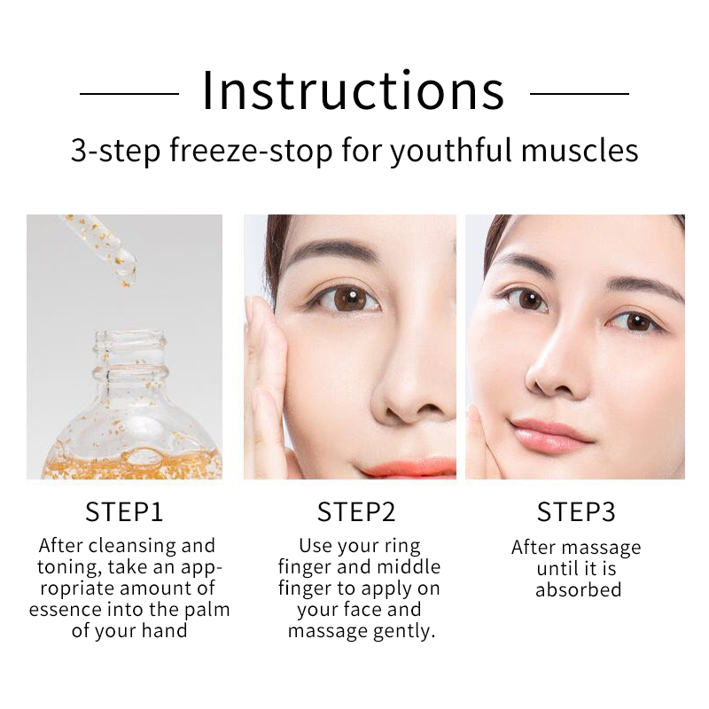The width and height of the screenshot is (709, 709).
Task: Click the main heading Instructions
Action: (x=353, y=90)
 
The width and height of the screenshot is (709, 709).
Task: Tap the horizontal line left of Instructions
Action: (x=129, y=93)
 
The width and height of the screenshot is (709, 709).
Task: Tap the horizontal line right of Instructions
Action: (x=580, y=93)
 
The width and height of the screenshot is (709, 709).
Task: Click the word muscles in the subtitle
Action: (x=580, y=151)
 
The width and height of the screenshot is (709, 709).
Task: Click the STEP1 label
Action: (x=124, y=512)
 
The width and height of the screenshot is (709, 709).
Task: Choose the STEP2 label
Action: (x=356, y=512)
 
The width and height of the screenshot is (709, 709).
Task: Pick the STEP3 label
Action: (x=576, y=512)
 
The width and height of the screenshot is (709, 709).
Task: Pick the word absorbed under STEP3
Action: (x=578, y=589)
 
